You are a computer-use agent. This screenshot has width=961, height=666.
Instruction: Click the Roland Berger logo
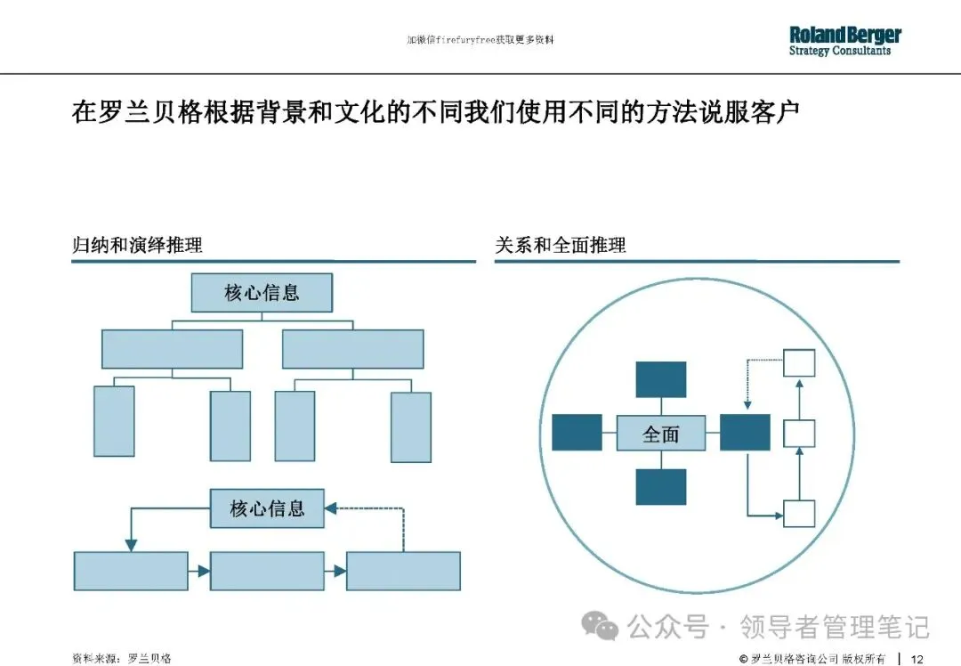(844, 41)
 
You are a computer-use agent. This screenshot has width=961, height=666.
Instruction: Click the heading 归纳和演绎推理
(137, 246)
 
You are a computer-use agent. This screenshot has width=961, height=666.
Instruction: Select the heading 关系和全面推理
(561, 246)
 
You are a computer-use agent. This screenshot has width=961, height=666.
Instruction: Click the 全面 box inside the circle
(661, 434)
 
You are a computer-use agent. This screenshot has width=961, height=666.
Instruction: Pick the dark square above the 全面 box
(661, 379)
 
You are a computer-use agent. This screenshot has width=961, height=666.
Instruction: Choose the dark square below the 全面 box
(661, 487)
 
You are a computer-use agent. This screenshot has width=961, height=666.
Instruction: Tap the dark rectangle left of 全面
(577, 433)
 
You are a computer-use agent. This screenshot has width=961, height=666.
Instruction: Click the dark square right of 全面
(745, 433)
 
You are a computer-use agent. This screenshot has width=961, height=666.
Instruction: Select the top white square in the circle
(799, 362)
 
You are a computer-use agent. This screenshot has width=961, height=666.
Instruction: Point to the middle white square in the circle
(799, 434)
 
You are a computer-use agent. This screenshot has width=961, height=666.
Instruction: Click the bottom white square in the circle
(799, 514)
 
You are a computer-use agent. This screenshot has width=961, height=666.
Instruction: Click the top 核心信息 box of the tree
(262, 292)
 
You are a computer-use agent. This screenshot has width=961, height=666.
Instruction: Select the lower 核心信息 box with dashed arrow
(267, 508)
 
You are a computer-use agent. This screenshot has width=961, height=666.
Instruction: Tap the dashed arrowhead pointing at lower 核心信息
(329, 508)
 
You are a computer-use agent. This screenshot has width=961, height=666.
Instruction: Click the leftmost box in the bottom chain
(131, 571)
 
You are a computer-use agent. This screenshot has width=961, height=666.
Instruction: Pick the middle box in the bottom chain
(267, 571)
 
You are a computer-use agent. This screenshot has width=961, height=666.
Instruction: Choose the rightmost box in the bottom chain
(403, 571)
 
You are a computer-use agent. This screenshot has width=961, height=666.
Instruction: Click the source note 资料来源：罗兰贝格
(122, 658)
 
